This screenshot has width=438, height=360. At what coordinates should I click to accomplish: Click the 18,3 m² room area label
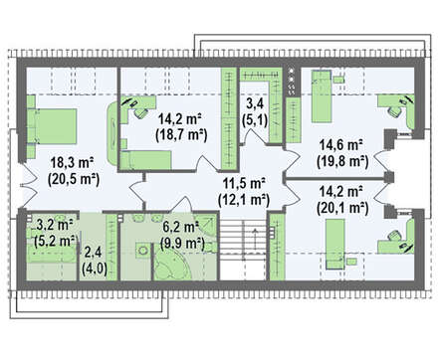(x=72, y=163)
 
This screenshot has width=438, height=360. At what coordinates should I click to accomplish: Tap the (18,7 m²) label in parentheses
(x=181, y=135)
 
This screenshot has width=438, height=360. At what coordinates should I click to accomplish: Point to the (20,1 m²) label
(x=342, y=208)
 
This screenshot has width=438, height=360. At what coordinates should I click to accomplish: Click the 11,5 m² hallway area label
(x=244, y=183)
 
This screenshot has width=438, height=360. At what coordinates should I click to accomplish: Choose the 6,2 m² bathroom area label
(x=180, y=228)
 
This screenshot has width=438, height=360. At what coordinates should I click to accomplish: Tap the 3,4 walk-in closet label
(x=255, y=103)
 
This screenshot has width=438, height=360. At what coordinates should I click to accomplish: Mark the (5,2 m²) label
(x=56, y=241)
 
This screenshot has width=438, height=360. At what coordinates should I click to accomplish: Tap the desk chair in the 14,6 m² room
(x=394, y=111)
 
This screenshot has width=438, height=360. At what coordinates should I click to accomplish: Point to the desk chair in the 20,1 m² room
(x=394, y=236)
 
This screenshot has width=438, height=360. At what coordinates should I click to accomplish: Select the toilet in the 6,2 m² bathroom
(x=143, y=251)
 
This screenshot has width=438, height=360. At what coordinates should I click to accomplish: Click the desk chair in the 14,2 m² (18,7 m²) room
(x=140, y=112)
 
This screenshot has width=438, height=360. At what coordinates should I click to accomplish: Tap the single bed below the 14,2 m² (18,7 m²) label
(x=146, y=159)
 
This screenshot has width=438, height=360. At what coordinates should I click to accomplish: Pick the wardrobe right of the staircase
(x=277, y=247)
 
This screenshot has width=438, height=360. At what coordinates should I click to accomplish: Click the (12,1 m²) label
(x=244, y=200)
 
